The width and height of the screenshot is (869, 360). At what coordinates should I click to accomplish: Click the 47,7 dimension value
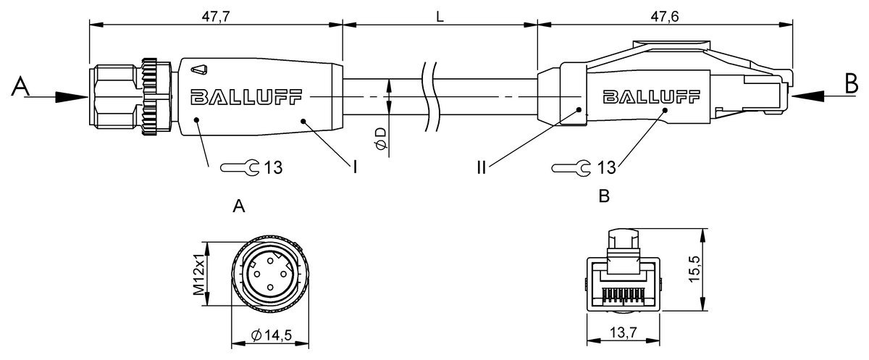point(214,15)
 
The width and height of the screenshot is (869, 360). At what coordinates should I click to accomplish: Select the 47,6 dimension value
point(665,15)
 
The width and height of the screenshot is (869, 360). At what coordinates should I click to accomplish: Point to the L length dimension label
point(440,15)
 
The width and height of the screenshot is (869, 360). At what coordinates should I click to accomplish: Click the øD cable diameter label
point(382,139)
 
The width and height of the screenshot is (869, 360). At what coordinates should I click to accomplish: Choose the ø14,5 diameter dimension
point(272,335)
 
